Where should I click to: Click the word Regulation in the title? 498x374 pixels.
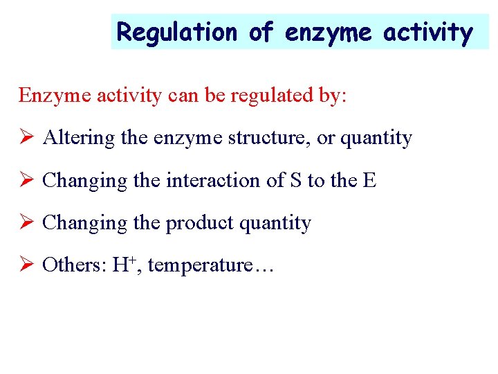pos(177,32)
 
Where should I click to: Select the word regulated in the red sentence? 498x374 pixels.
pos(266,96)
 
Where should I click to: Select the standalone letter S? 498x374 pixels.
pos(295,181)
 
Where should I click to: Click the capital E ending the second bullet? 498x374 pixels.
pos(370,181)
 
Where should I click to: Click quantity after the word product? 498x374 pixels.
pos(275,223)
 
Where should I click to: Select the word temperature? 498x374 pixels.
pos(200,266)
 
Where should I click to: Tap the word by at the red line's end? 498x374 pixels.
pos(334,96)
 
